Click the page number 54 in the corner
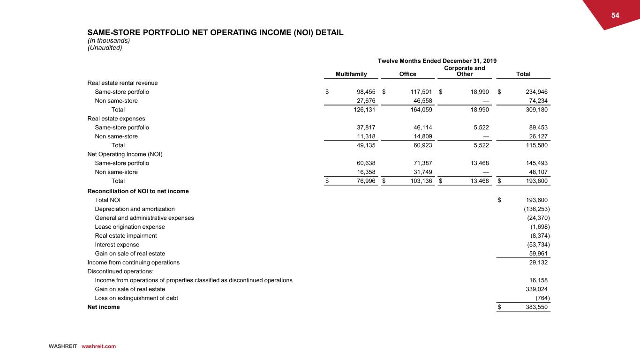point(615,15)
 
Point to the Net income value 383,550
point(534,307)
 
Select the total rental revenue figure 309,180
point(535,110)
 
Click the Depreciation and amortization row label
point(135,209)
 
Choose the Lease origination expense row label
point(130,227)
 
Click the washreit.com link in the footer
point(98,346)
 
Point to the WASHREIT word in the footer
point(63,346)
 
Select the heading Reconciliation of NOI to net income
point(138,191)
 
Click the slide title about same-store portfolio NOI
point(215,33)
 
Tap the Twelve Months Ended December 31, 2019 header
point(437,61)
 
